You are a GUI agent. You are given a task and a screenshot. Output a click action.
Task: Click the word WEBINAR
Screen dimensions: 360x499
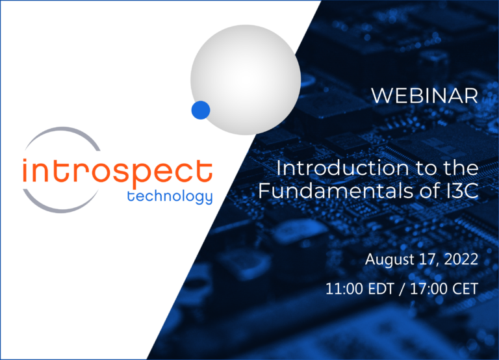(424, 96)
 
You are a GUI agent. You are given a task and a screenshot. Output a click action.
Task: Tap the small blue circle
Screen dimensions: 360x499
(200, 110)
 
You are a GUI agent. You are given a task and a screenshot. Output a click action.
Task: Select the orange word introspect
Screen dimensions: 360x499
(117, 172)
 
